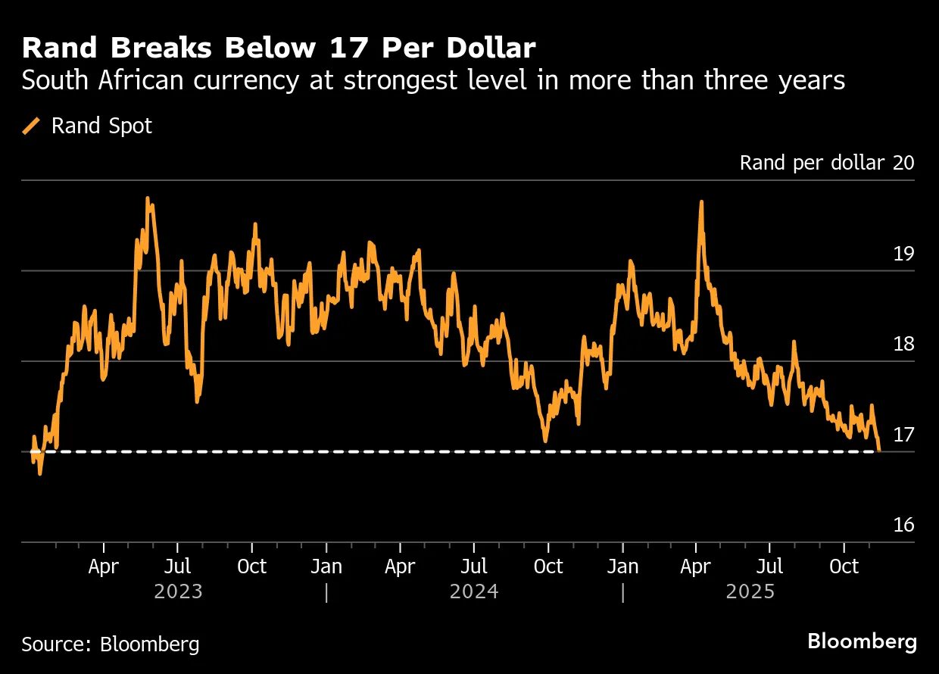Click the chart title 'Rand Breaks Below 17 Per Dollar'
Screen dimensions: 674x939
pos(279,48)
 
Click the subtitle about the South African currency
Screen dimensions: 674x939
pos(433,81)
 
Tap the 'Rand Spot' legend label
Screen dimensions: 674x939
pos(101,126)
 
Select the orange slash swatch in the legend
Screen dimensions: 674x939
pos(32,126)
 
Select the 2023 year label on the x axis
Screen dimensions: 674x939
pos(178,591)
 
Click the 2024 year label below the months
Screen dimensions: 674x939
pos(474,591)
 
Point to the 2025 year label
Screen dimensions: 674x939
pos(750,591)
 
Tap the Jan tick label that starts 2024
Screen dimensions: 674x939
pos(326,566)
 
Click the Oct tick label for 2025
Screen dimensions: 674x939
pos(844,566)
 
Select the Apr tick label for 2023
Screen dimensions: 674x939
pos(103,566)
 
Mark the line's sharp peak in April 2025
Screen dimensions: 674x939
pos(701,203)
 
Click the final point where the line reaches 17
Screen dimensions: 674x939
pos(878,450)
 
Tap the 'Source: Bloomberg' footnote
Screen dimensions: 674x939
pos(111,644)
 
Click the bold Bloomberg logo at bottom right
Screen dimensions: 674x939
pos(862,642)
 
